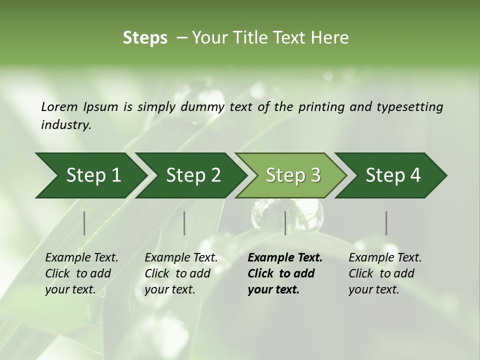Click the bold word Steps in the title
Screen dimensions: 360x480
(145, 38)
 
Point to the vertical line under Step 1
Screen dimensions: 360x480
(84, 223)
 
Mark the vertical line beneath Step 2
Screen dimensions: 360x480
(184, 223)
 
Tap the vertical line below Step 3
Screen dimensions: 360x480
(285, 223)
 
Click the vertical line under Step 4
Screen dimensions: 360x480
(386, 223)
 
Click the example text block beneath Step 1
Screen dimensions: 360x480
(81, 273)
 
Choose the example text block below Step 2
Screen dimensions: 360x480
(180, 273)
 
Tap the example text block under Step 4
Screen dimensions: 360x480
(384, 273)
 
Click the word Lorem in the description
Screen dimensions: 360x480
(59, 107)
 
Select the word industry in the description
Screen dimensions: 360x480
(65, 125)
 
